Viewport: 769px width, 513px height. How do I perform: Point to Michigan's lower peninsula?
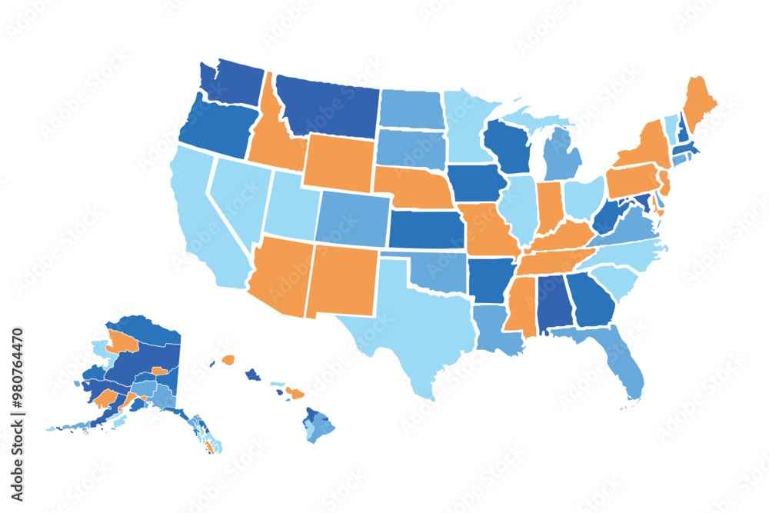point(562,154)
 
